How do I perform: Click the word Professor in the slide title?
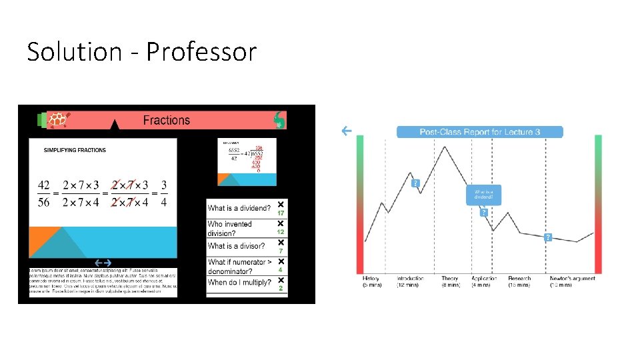201,51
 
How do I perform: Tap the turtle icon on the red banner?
59,120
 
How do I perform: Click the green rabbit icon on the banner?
279,121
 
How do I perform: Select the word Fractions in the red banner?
166,120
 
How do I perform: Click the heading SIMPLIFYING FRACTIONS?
75,150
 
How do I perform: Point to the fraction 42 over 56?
44,193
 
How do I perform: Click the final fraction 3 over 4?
164,193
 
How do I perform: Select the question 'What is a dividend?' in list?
239,208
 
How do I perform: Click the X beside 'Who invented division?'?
281,223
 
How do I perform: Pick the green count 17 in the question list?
281,213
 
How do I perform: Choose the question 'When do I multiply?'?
239,283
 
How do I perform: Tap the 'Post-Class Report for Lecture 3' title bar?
479,132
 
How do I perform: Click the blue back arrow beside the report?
347,131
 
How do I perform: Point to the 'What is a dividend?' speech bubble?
483,194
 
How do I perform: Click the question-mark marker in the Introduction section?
415,183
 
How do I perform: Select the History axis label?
371,278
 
